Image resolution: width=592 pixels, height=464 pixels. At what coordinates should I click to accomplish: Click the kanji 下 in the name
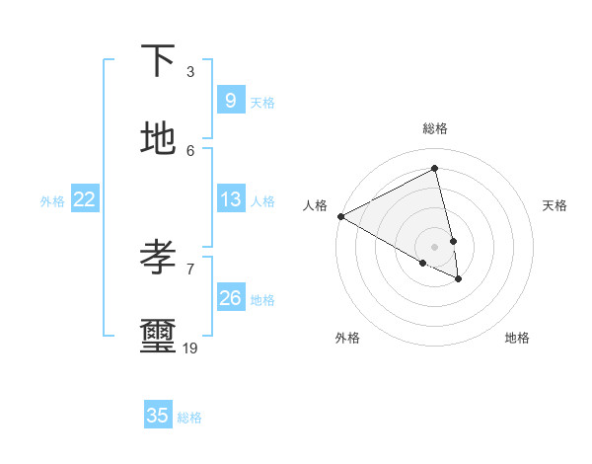[x=158, y=61]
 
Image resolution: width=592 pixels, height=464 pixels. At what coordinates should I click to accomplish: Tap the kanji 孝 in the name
[x=158, y=258]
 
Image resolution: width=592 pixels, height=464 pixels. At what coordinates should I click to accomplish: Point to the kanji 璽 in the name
[x=158, y=337]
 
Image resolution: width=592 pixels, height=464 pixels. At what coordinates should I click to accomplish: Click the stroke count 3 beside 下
[x=190, y=71]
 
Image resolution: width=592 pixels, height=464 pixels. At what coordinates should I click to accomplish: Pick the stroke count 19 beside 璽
[x=190, y=348]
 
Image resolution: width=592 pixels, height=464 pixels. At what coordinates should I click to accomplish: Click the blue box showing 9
[x=230, y=101]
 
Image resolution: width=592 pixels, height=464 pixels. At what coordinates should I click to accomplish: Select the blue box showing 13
[x=230, y=199]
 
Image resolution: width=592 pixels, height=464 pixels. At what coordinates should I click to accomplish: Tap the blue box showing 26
[x=230, y=298]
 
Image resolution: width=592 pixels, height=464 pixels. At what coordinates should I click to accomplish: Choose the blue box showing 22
[x=84, y=199]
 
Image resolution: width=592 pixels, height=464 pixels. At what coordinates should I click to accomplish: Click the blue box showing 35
[x=158, y=416]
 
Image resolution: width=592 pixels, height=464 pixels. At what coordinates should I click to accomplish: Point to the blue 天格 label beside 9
[x=262, y=102]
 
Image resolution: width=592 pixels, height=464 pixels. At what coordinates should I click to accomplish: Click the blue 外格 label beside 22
[x=52, y=200]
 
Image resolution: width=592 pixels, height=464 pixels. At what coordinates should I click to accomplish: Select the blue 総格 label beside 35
[x=189, y=417]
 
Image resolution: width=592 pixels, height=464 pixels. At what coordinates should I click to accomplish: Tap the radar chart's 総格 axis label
[x=435, y=128]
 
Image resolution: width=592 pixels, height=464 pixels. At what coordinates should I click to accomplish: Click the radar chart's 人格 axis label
[x=316, y=205]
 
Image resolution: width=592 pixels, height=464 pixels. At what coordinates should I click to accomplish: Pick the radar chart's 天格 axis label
[x=555, y=205]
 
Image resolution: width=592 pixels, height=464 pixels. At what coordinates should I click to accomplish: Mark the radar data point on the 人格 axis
[x=340, y=216]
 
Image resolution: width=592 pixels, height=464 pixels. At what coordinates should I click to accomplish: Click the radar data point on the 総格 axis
[x=435, y=169]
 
